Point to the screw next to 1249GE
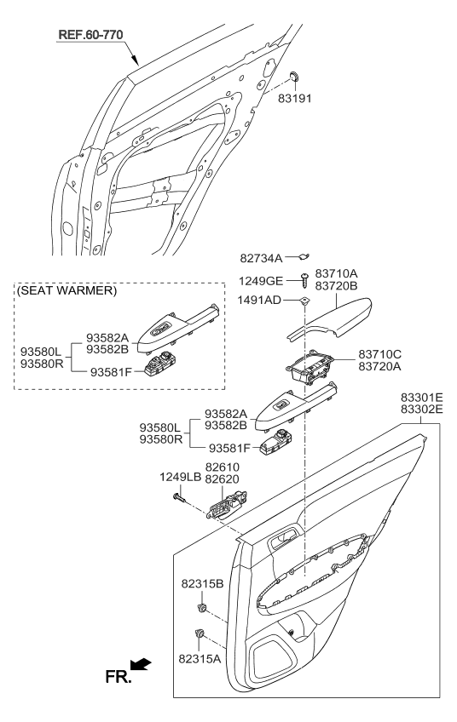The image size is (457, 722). (304, 278)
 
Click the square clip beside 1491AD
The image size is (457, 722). (304, 300)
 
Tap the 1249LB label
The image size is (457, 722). (180, 478)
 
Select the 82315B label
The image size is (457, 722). (202, 584)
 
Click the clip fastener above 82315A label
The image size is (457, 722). (201, 633)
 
